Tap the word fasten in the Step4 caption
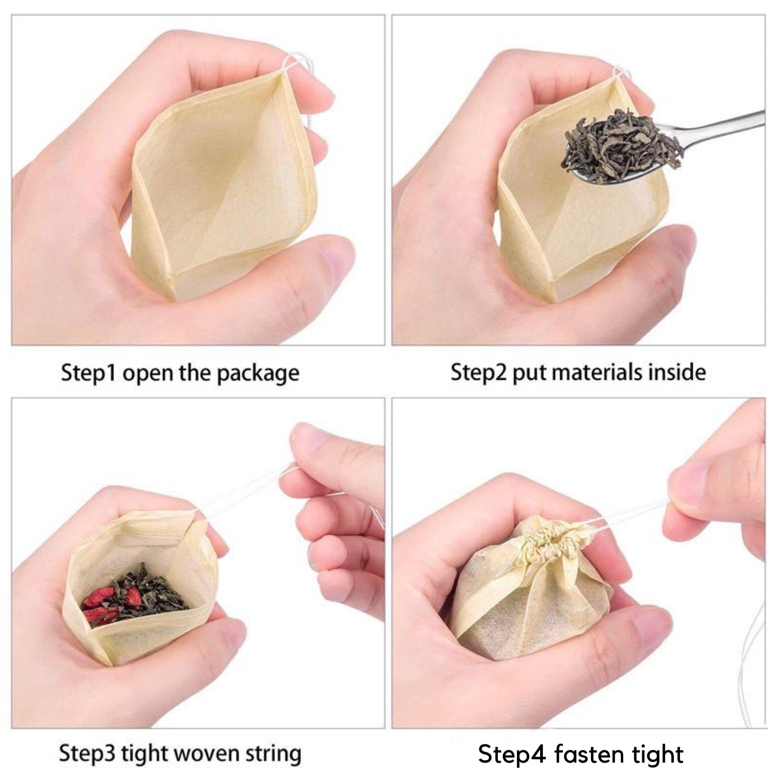tap(597, 753)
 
